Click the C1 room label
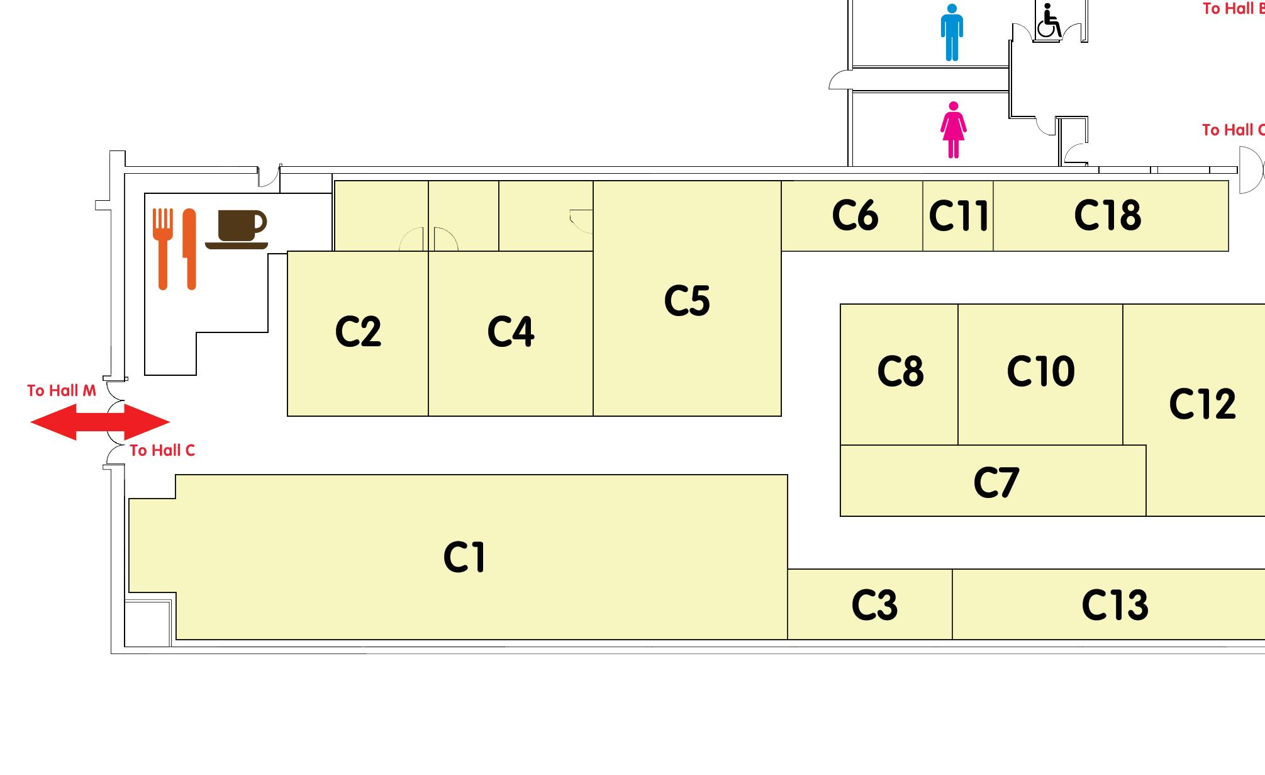[464, 557]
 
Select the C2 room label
[358, 331]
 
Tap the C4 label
[511, 331]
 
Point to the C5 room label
[687, 300]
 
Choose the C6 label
[855, 215]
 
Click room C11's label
[958, 215]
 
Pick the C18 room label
[1107, 215]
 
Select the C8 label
[900, 371]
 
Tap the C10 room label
[1040, 371]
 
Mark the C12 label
[1202, 404]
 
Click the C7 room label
[996, 482]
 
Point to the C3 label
[874, 605]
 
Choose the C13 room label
[1115, 605]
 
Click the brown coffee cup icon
[238, 229]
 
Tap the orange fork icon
[163, 249]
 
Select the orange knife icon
[189, 249]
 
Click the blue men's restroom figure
[952, 33]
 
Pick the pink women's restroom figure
[954, 130]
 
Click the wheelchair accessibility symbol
[1048, 21]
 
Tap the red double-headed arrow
[100, 422]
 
